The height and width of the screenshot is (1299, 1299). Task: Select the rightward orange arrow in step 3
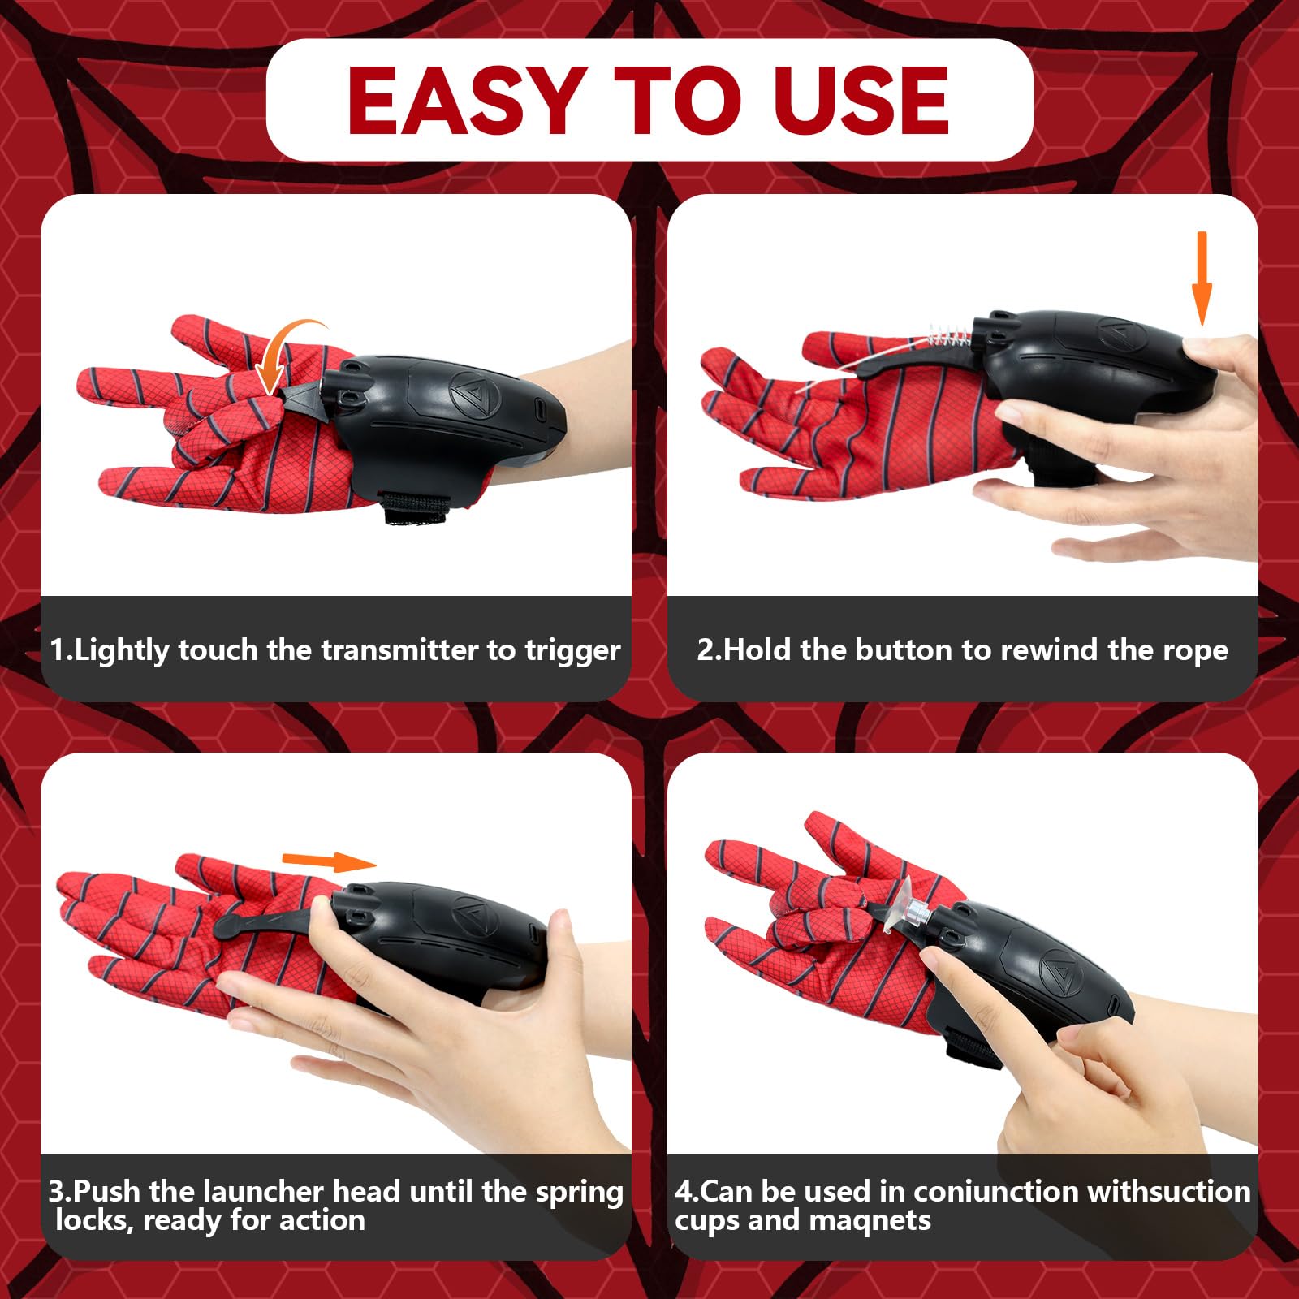329,861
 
